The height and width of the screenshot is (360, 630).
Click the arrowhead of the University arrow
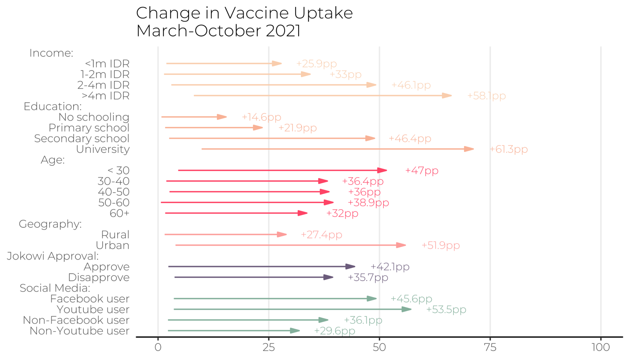pos(469,149)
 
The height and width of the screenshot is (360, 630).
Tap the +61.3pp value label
pos(508,149)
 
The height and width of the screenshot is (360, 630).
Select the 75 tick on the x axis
pos(490,348)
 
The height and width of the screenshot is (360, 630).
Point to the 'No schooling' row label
pos(94,117)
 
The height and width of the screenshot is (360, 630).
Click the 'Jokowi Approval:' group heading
pos(52,256)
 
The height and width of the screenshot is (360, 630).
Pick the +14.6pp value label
pos(261,117)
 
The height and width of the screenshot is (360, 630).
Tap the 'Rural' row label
pos(115,234)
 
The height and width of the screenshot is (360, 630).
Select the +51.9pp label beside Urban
pos(441,245)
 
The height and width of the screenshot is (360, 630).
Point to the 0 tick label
pos(158,348)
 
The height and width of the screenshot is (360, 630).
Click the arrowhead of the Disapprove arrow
pos(328,278)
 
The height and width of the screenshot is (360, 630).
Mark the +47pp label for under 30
pos(422,171)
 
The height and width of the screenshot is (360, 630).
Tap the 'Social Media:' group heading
pos(55,288)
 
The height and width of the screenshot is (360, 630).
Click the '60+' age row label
pos(119,213)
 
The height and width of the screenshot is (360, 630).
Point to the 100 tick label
pos(600,348)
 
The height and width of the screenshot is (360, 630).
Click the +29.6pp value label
pos(334,331)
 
